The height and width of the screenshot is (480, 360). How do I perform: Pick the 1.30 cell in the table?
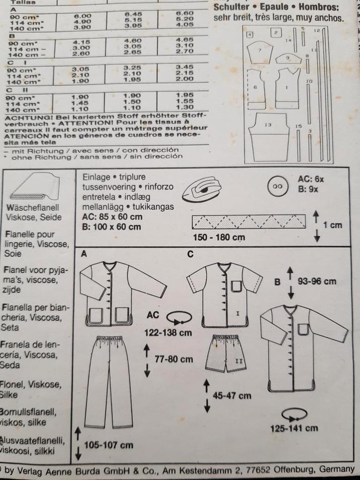(184, 107)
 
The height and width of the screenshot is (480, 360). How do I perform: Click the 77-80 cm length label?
(174, 359)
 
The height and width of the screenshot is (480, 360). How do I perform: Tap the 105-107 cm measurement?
(108, 444)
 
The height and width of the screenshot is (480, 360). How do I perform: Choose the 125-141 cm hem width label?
(294, 428)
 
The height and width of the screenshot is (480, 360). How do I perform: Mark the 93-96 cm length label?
(316, 281)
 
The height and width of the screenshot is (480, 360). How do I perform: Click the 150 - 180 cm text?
(220, 237)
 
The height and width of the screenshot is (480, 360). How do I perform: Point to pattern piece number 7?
(259, 51)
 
